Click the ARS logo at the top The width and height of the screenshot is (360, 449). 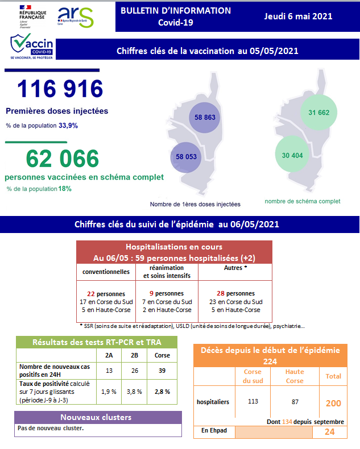76,17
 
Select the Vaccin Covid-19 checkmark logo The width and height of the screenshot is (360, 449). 31,47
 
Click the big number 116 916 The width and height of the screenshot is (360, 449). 60,89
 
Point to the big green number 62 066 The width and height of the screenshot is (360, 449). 55,158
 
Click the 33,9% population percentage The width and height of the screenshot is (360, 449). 68,125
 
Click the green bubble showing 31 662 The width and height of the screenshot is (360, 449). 319,112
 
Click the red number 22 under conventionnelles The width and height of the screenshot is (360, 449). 90,293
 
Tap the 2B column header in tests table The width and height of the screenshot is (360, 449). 135,355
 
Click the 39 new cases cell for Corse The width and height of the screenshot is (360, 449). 162,369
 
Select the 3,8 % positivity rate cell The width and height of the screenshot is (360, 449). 135,391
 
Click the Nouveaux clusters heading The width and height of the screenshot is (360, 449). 98,417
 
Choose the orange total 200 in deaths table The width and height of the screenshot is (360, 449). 333,403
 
